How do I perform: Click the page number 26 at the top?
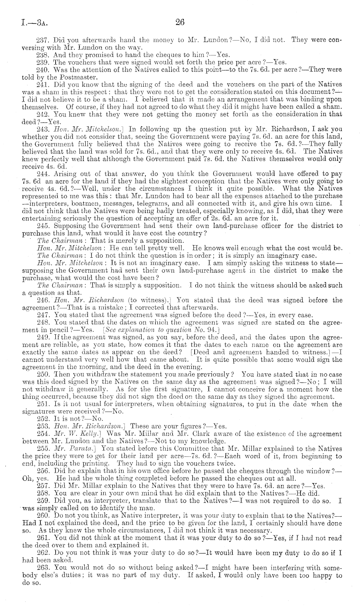(x=180, y=22)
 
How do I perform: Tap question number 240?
(x=44, y=70)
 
